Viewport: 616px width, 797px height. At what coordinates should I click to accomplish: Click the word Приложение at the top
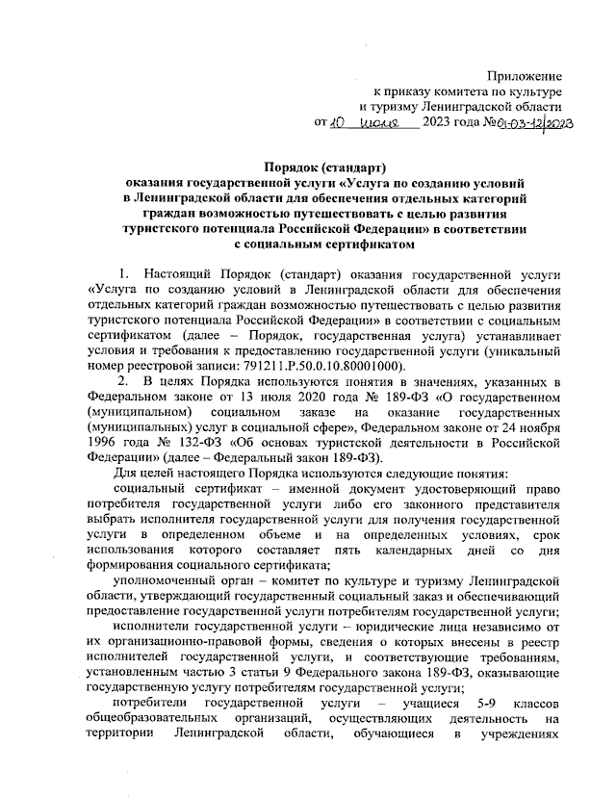click(525, 74)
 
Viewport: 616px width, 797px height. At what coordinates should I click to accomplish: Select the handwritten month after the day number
click(384, 123)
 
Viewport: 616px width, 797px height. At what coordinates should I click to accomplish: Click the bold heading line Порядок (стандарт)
click(324, 165)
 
